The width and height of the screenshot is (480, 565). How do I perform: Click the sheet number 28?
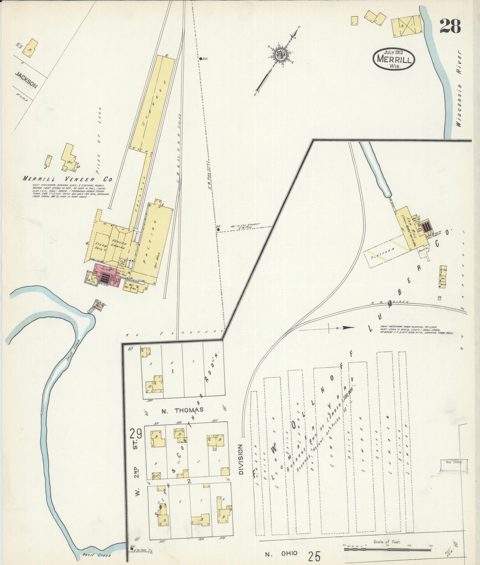click(x=450, y=26)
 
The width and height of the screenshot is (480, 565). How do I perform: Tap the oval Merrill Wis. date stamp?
click(x=394, y=59)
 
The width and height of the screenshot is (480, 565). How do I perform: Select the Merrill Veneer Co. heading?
click(x=68, y=179)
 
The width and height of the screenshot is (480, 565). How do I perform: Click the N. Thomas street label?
click(x=182, y=410)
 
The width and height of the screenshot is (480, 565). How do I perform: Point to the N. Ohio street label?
click(x=281, y=553)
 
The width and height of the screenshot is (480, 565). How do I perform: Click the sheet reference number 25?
click(x=314, y=555)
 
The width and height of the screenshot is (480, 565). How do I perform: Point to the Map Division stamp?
click(x=454, y=462)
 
